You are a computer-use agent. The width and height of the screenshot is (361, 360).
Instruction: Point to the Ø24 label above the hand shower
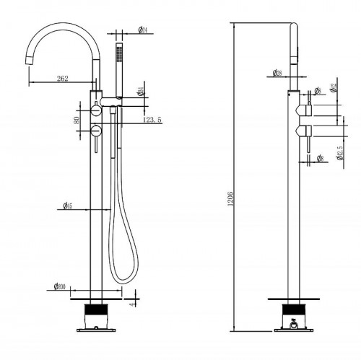143,30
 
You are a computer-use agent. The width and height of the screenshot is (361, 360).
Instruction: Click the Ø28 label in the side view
278,72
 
